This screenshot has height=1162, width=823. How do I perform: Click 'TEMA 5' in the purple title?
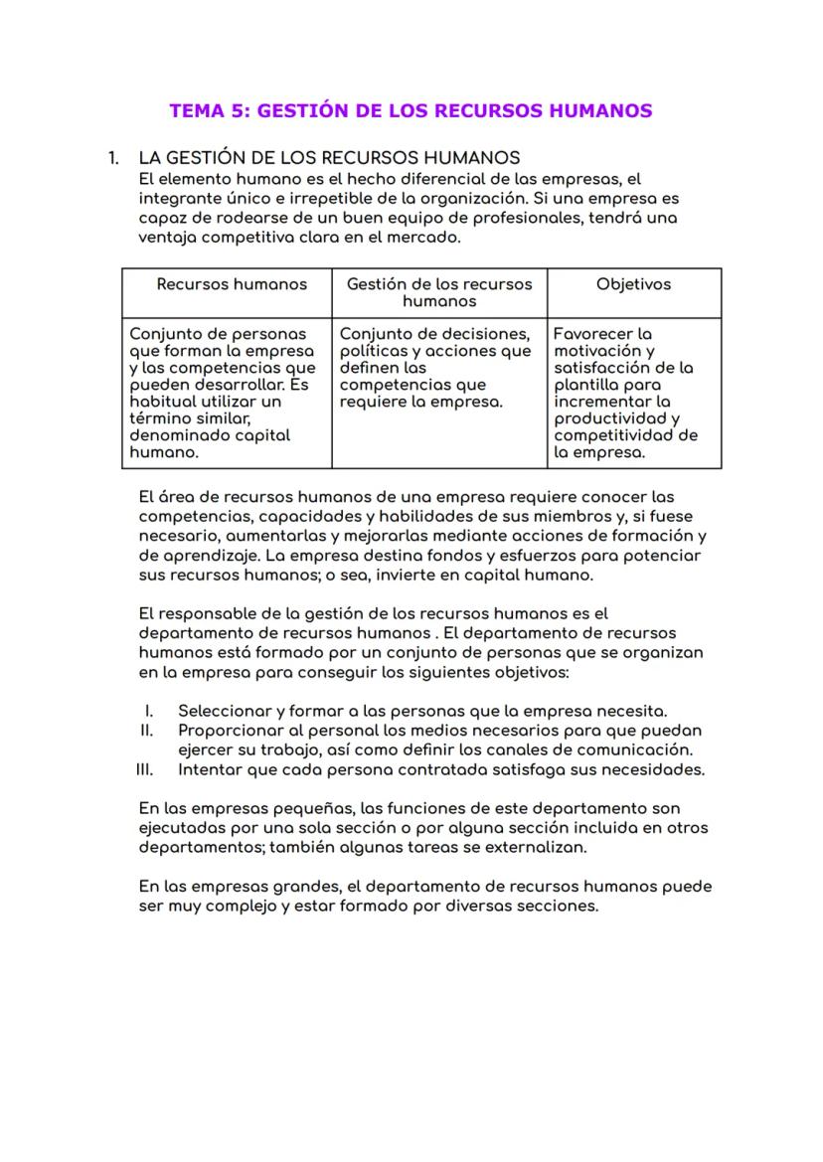[x=209, y=110]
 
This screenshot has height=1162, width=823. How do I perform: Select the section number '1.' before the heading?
[x=114, y=158]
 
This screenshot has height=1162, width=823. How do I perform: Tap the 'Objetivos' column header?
[x=633, y=284]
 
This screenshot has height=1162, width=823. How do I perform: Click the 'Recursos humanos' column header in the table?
[x=232, y=284]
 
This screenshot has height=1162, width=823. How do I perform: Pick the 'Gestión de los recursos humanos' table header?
[x=439, y=292]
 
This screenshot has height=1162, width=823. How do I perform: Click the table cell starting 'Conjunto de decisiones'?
[x=435, y=368]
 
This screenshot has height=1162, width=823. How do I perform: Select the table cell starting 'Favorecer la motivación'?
[x=626, y=393]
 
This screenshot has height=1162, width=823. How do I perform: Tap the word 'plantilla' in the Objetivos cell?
[x=585, y=385]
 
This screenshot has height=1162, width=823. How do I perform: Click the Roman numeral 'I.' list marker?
[x=148, y=712]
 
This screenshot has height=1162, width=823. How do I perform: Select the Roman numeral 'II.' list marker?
[x=146, y=731]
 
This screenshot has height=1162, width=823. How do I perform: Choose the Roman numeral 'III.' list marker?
[x=144, y=769]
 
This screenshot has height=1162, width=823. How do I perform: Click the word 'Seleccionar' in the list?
[x=224, y=712]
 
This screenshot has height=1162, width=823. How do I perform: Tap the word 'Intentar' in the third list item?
[x=210, y=769]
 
